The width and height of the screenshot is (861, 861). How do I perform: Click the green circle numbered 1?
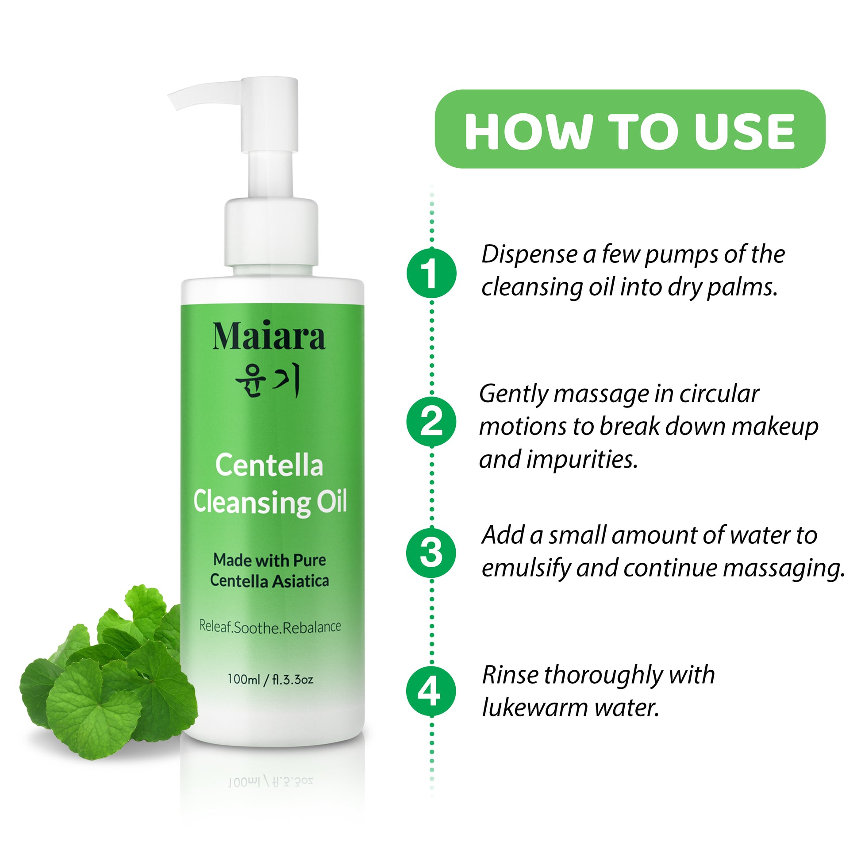point(431,273)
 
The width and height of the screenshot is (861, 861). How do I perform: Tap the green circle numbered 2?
point(431,421)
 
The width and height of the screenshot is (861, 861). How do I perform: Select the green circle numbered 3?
point(431,553)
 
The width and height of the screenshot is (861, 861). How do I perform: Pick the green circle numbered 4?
point(431,692)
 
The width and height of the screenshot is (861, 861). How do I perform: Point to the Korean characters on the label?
point(267,381)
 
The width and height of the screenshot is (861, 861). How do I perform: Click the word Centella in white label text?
point(269,465)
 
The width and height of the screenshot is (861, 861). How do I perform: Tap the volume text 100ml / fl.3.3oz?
point(270,679)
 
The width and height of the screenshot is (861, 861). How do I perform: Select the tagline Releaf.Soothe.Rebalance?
point(270,627)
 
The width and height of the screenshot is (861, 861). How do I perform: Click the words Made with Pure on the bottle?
point(269,560)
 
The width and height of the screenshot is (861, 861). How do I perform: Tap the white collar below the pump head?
point(271,232)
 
